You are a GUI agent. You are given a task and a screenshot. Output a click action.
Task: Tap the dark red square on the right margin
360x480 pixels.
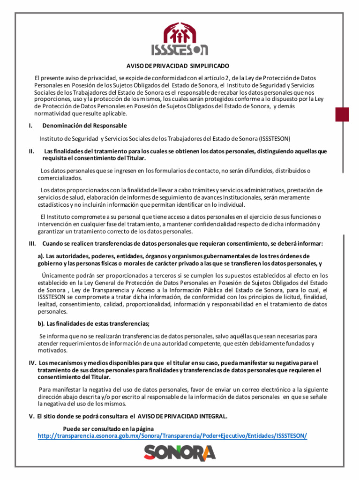[x=342, y=114]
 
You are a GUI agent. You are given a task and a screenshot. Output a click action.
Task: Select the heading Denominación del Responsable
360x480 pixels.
[x=84, y=126]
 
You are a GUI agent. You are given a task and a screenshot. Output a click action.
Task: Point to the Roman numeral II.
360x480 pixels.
[x=31, y=151]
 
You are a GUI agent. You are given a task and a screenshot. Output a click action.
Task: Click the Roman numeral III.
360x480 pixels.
[x=32, y=244]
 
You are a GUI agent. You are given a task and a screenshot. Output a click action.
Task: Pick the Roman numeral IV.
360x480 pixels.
[x=32, y=363]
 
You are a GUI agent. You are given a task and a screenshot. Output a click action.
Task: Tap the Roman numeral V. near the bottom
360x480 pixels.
[x=32, y=416]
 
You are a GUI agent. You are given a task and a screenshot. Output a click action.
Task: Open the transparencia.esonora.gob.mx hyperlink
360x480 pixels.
[x=172, y=436]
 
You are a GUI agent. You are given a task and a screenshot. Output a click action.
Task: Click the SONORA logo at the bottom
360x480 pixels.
[x=180, y=452]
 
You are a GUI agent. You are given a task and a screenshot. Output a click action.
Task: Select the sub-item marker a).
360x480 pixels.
[x=41, y=256]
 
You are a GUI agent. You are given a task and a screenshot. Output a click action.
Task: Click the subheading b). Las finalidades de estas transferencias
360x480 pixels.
[x=94, y=324]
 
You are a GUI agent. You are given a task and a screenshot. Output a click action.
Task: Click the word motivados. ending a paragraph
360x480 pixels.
[x=52, y=350]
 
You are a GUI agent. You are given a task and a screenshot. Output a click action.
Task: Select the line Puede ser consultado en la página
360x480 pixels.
[x=108, y=428]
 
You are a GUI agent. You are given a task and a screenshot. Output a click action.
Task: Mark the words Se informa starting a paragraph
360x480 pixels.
[x=52, y=336]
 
